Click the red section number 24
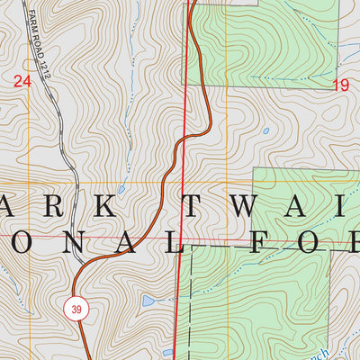click(22, 82)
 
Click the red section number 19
click(340, 85)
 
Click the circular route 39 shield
click(77, 309)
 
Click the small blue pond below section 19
click(265, 130)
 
